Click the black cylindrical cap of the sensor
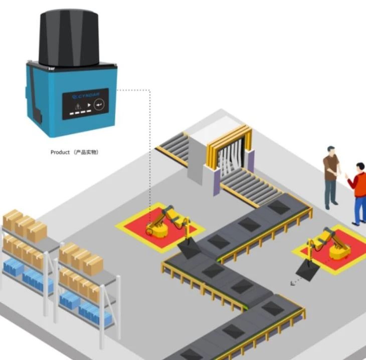point(69,38)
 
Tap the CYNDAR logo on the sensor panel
point(86,96)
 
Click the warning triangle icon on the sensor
point(78,107)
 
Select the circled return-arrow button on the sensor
point(99,104)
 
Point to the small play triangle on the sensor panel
point(89,105)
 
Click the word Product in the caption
point(60,152)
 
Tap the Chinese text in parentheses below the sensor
point(86,152)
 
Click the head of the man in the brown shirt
point(331,151)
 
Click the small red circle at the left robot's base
point(149,231)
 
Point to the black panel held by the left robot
point(189,248)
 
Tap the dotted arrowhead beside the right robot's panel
point(292,283)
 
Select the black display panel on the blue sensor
point(85,104)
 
